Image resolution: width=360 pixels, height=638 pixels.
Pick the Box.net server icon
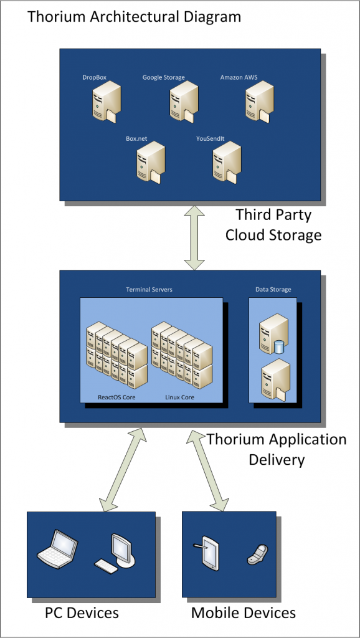(151, 163)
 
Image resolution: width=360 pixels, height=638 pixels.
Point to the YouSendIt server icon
(227, 163)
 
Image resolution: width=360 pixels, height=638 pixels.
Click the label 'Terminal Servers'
(149, 290)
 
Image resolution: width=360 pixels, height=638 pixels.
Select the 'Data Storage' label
(273, 290)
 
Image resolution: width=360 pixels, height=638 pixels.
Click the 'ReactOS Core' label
(116, 397)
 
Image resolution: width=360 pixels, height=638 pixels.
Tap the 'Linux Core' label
(180, 397)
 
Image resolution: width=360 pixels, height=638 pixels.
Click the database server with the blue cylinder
(274, 333)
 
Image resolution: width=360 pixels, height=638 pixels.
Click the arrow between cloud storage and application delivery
(194, 237)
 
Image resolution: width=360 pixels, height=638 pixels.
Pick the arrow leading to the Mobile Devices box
(208, 470)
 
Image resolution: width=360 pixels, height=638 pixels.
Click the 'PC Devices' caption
(82, 613)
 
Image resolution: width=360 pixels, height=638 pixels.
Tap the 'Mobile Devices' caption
(244, 613)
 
